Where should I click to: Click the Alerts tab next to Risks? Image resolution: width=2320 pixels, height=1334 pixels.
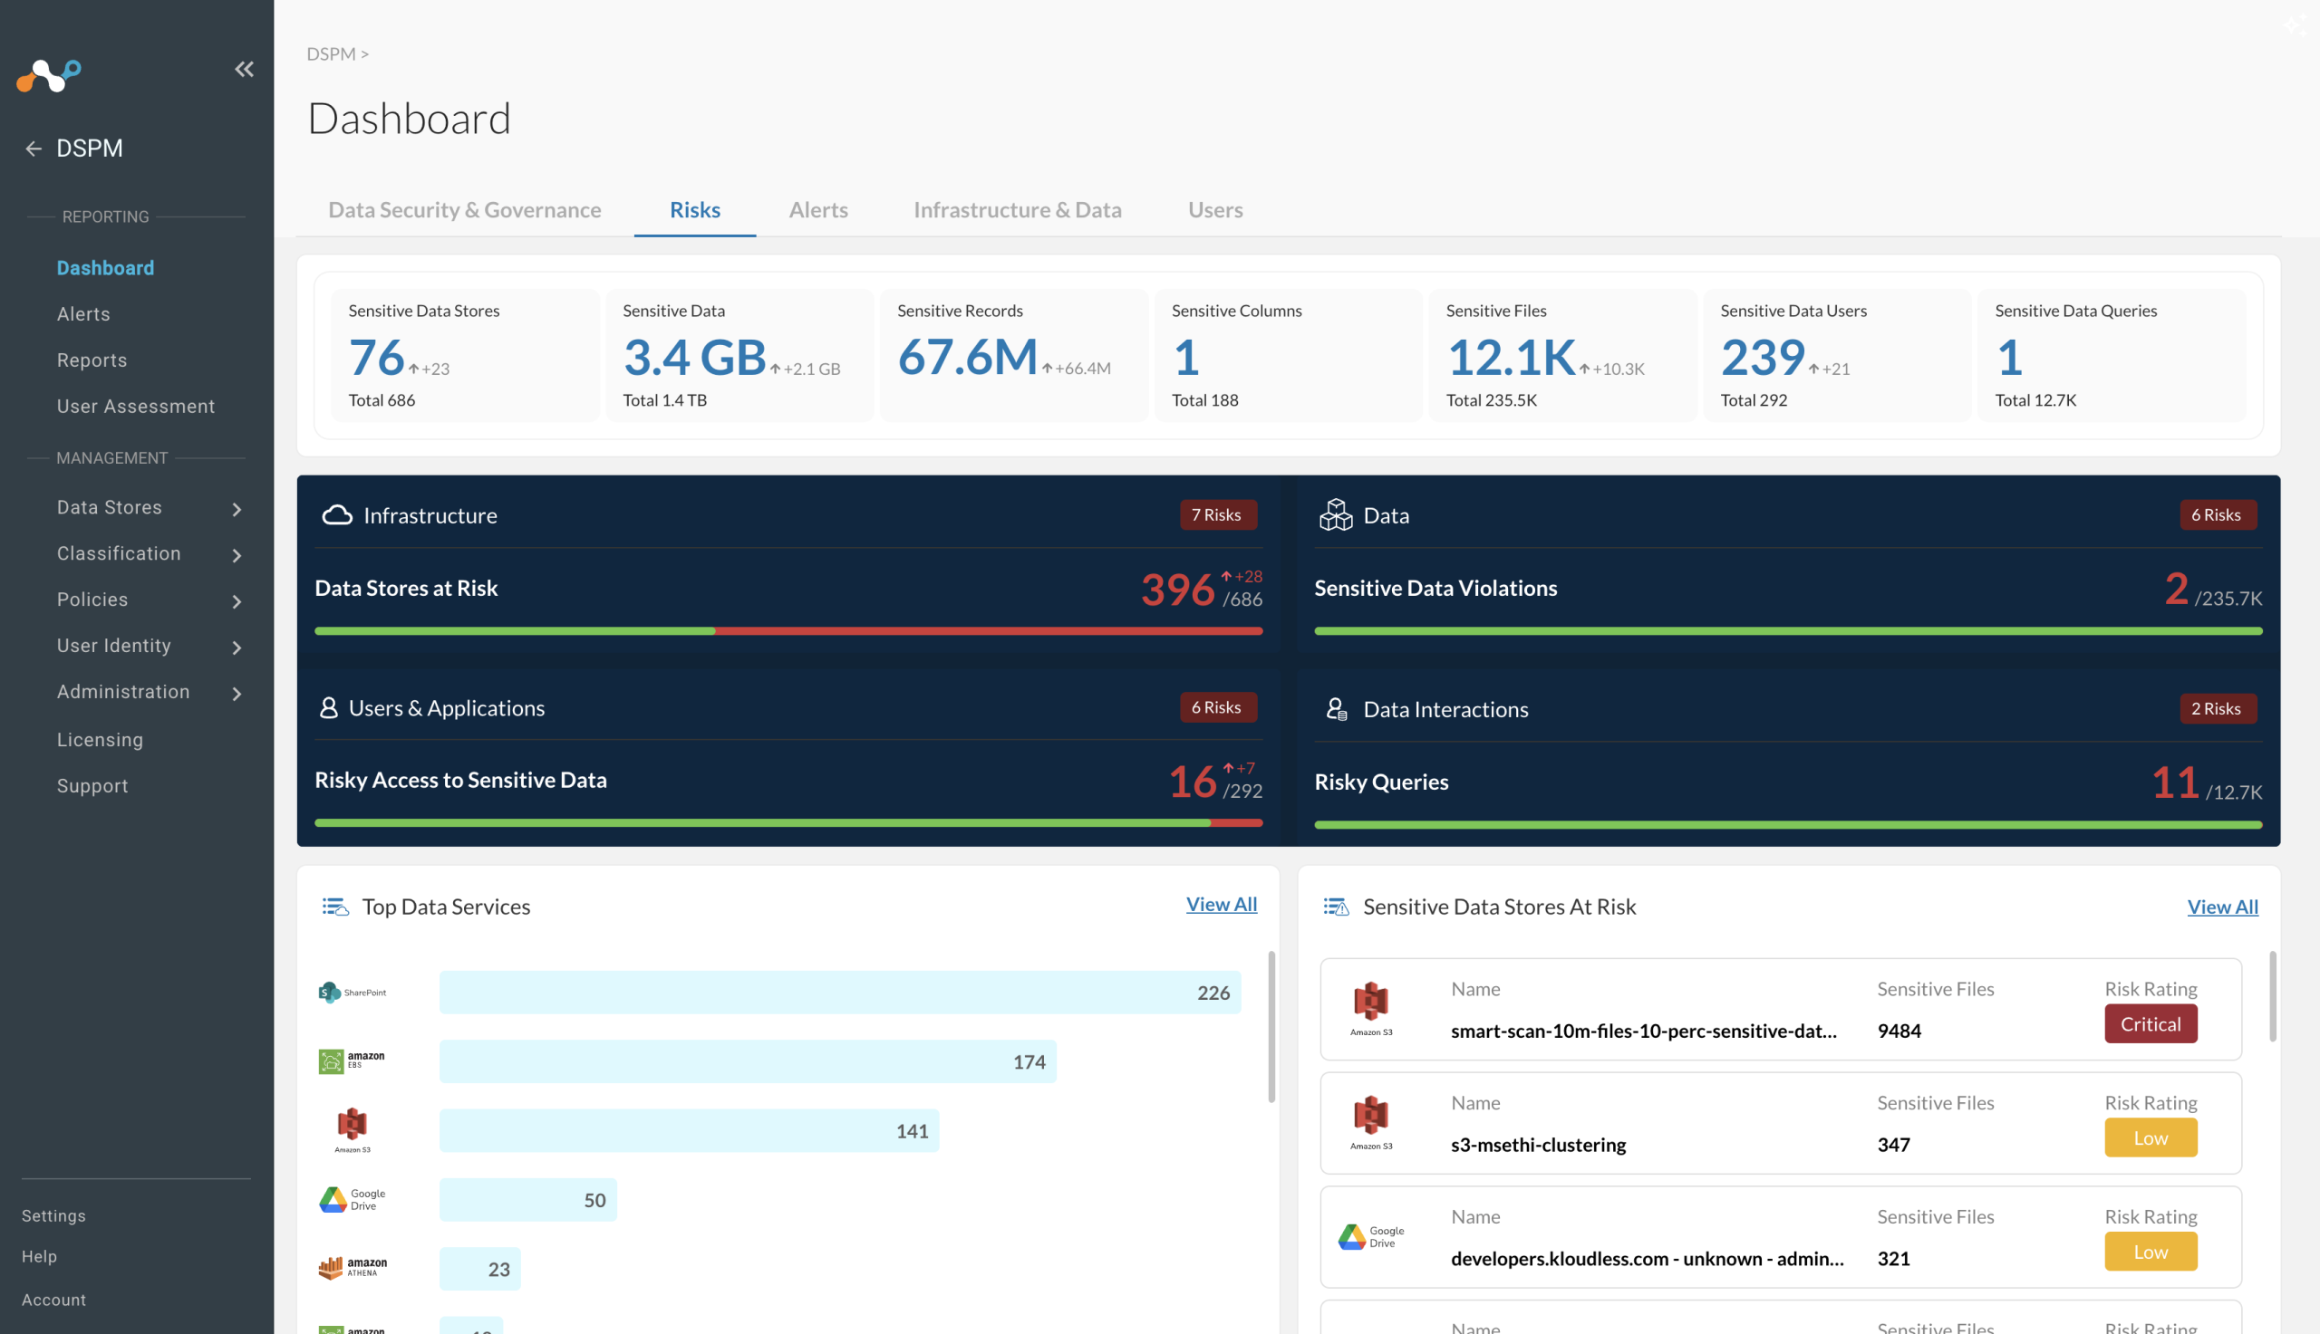pyautogui.click(x=817, y=210)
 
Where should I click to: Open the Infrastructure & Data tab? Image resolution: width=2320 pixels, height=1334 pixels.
pyautogui.click(x=1018, y=210)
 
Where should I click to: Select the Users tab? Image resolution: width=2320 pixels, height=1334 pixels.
pyautogui.click(x=1215, y=210)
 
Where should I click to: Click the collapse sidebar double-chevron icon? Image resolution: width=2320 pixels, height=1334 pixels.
pyautogui.click(x=244, y=69)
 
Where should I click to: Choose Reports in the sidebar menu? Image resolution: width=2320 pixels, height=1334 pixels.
pyautogui.click(x=92, y=360)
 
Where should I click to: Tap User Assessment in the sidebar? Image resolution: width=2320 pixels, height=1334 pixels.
pyautogui.click(x=136, y=406)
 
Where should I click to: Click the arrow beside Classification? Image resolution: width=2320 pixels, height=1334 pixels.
pyautogui.click(x=237, y=555)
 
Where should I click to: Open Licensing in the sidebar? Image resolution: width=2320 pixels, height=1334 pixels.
pyautogui.click(x=100, y=739)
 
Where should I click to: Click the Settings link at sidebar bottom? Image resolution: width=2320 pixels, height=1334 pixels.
pyautogui.click(x=53, y=1215)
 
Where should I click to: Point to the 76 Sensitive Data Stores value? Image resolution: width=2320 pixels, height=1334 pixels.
pyautogui.click(x=376, y=357)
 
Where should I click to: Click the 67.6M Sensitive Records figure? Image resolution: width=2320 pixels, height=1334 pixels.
pyautogui.click(x=967, y=357)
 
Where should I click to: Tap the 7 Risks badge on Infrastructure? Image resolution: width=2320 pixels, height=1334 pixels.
pyautogui.click(x=1217, y=515)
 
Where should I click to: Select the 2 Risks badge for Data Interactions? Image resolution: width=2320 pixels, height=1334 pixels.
pyautogui.click(x=2218, y=708)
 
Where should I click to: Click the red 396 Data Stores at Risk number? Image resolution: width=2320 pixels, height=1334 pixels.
pyautogui.click(x=1178, y=590)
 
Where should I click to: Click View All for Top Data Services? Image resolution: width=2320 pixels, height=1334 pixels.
pyautogui.click(x=1221, y=905)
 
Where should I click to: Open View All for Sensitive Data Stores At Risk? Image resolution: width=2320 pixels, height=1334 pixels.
pyautogui.click(x=2222, y=907)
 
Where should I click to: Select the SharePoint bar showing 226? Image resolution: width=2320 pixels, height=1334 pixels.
pyautogui.click(x=839, y=993)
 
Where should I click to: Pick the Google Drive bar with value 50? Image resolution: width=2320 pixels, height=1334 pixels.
pyautogui.click(x=528, y=1199)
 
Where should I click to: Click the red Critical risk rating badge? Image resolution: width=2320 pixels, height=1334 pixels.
pyautogui.click(x=2151, y=1023)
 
